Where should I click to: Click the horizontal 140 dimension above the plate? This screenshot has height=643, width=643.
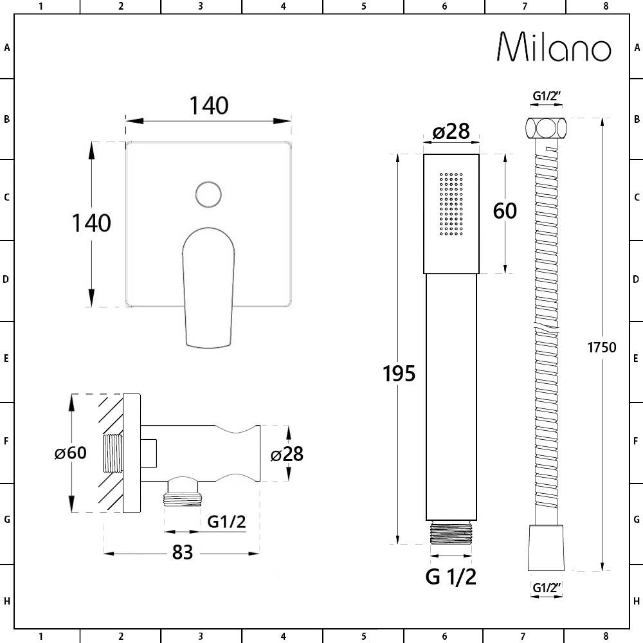click(209, 106)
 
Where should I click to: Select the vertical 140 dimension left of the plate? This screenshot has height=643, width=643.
click(91, 223)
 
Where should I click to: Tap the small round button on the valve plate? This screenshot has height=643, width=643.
click(209, 194)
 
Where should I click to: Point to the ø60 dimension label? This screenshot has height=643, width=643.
click(71, 453)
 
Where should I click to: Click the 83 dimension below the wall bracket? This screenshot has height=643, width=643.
click(183, 552)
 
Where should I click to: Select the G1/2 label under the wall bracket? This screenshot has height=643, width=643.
click(226, 521)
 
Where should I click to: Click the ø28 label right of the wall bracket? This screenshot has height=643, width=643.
click(287, 454)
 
